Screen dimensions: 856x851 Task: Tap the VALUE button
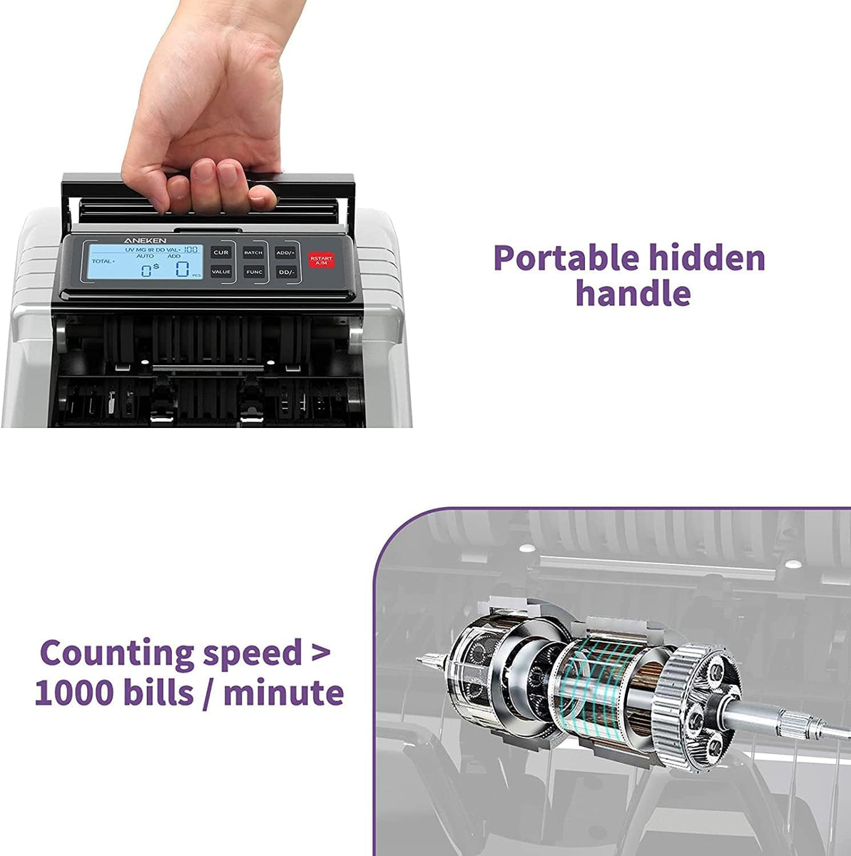click(x=221, y=272)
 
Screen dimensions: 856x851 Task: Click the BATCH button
click(x=253, y=253)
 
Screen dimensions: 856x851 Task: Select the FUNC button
click(x=254, y=272)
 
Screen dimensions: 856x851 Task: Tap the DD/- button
click(x=286, y=272)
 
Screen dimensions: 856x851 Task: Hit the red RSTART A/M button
click(x=321, y=260)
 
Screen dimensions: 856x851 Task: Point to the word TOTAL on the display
click(x=102, y=262)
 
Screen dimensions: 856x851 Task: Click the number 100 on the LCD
click(x=190, y=249)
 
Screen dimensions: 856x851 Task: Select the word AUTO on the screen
click(x=145, y=256)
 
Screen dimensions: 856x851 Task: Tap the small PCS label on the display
click(x=197, y=275)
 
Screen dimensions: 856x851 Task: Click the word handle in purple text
click(x=633, y=293)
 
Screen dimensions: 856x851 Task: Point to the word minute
click(x=283, y=693)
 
